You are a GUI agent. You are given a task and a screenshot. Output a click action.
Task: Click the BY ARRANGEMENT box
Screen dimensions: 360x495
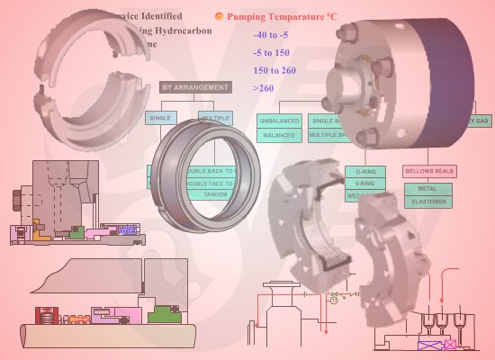click(x=194, y=87)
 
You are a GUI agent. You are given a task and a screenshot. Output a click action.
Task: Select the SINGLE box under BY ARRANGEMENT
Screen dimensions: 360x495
click(x=161, y=118)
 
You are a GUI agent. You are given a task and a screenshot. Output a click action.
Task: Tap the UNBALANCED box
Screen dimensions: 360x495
click(x=279, y=120)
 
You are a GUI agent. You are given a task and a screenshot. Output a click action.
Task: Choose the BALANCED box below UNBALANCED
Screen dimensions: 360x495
click(x=279, y=135)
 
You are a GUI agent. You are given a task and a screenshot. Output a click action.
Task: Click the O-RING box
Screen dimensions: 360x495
click(x=366, y=170)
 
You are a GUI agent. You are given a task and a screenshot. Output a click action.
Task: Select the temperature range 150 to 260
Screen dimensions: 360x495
click(x=275, y=70)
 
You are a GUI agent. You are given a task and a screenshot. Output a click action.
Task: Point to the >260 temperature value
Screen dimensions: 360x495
click(x=264, y=88)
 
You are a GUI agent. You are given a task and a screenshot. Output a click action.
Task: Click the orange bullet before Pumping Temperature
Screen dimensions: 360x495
click(x=218, y=16)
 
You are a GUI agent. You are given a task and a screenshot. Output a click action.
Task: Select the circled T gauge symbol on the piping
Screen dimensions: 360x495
click(x=334, y=303)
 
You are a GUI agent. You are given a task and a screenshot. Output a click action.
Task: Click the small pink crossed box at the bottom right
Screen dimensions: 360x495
click(x=449, y=344)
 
